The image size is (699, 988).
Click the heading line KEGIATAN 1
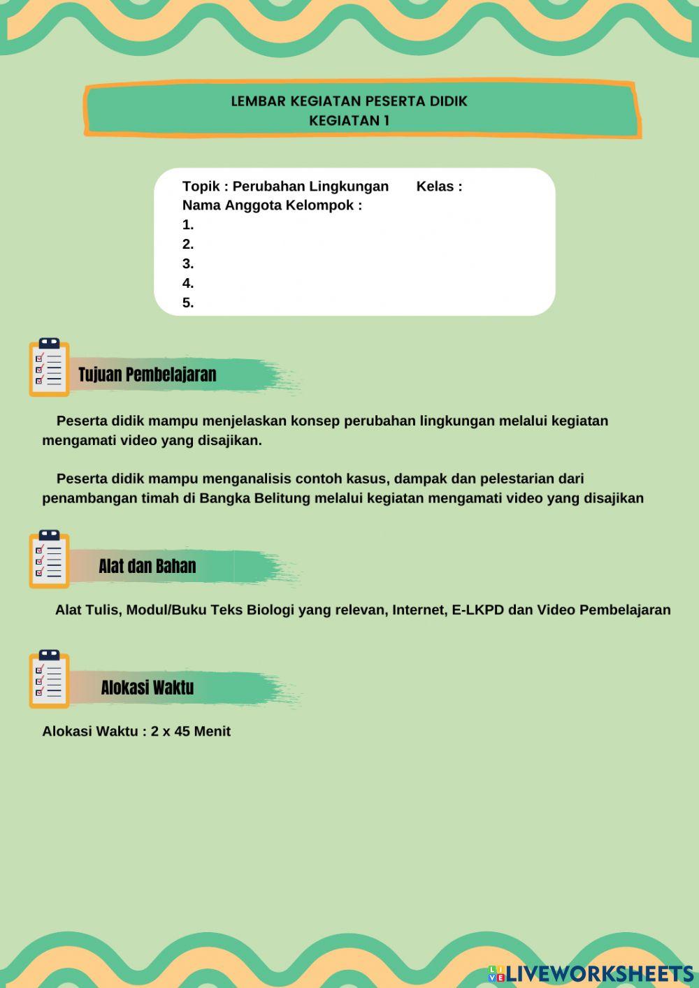(349, 120)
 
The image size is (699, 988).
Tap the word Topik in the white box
(200, 187)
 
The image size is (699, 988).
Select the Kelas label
(435, 187)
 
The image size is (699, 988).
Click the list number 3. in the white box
(188, 264)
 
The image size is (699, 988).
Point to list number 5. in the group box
(188, 303)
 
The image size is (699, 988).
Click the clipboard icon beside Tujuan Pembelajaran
(49, 368)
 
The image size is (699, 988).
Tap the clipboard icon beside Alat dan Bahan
(49, 559)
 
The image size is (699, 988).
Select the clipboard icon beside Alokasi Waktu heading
(49, 679)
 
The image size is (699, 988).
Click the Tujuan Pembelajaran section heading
(147, 375)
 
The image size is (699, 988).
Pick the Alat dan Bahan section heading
(147, 566)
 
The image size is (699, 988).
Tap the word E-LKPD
(477, 610)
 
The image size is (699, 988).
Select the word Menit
(212, 732)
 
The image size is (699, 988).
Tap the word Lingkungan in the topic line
(349, 187)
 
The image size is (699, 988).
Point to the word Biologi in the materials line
(270, 610)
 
